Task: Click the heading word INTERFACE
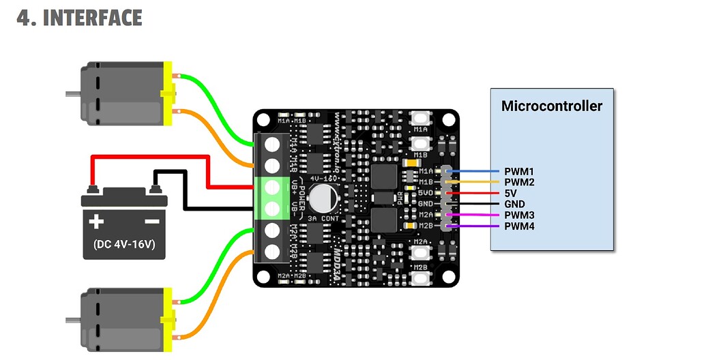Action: click(93, 18)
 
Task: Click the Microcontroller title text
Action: click(552, 106)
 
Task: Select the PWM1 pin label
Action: click(519, 171)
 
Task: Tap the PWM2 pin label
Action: click(519, 182)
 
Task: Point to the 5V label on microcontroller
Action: click(512, 193)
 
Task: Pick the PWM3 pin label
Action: click(519, 215)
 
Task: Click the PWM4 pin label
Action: click(519, 226)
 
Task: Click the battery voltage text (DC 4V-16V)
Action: click(124, 244)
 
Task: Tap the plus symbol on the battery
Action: click(96, 221)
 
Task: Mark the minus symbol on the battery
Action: click(151, 221)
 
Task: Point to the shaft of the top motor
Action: click(73, 93)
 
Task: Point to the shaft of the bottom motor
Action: click(73, 318)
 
